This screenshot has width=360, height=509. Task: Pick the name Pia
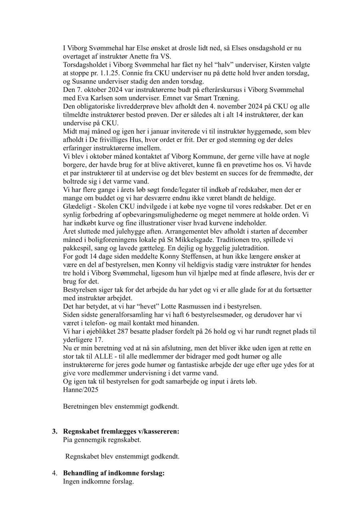pyautogui.click(x=68, y=440)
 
